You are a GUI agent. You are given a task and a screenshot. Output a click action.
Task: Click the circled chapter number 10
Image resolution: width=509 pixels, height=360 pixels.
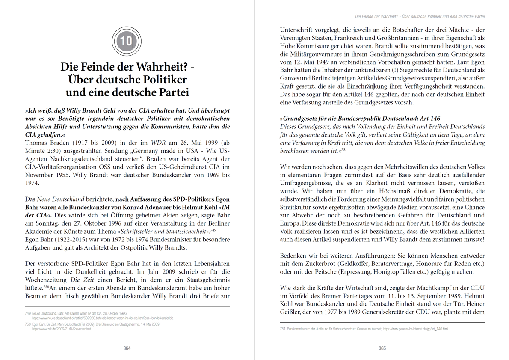[x=127, y=41]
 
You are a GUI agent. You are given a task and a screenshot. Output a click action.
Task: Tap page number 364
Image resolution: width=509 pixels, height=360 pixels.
[x=127, y=348]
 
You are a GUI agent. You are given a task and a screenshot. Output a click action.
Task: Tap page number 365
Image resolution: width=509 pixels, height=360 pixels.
[x=382, y=348]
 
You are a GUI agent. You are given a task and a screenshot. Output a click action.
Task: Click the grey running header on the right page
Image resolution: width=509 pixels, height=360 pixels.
[x=423, y=16]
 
